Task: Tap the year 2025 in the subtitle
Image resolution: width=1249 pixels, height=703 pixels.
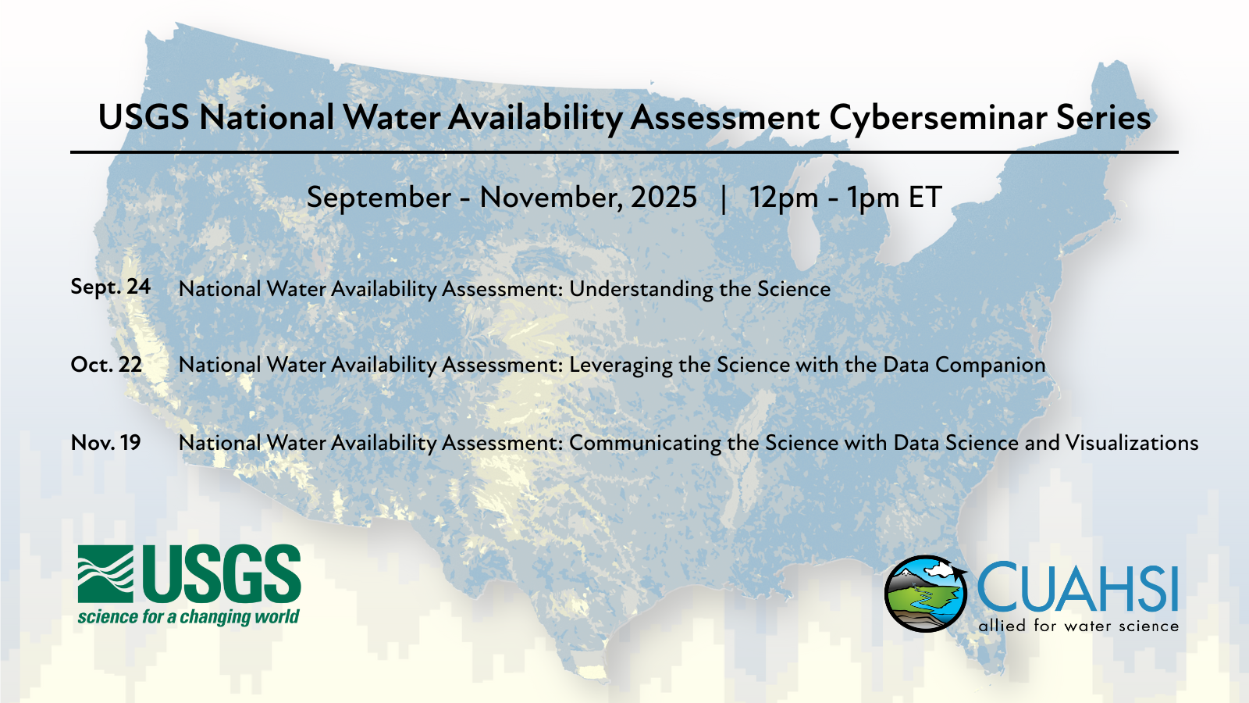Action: (664, 197)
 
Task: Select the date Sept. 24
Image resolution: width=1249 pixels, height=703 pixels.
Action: (110, 287)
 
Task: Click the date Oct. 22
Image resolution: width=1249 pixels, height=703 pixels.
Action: (106, 365)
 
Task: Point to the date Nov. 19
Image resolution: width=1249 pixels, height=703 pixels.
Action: (105, 443)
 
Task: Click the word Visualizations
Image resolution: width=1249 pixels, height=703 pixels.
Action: (1132, 443)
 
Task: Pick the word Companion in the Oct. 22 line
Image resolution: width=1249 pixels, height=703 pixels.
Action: (990, 366)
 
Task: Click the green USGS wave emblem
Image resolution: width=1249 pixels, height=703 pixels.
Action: (105, 574)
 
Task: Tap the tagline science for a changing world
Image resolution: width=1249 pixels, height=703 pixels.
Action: (188, 617)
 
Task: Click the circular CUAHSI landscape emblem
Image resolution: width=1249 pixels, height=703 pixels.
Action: (926, 593)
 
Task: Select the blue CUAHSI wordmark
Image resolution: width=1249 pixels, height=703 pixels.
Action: (1077, 587)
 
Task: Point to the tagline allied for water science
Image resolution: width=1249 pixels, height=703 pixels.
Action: (1078, 626)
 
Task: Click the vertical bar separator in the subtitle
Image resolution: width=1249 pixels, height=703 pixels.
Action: (723, 199)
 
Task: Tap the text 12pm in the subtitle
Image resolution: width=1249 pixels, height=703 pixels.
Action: (784, 198)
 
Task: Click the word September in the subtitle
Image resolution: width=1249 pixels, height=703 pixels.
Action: (379, 198)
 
